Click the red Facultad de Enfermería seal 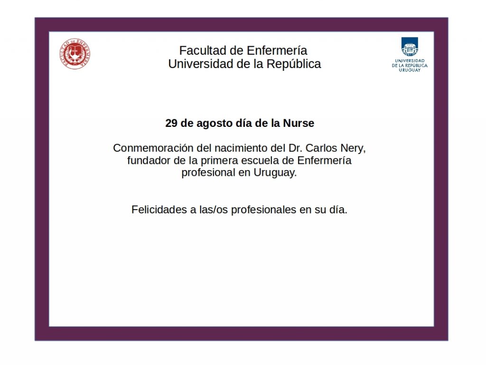click(75, 54)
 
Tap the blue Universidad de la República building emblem click(410, 47)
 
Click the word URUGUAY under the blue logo click(410, 70)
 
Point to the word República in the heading click(293, 64)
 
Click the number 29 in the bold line click(171, 123)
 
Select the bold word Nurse click(299, 123)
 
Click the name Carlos click(321, 148)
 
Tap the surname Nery click(353, 149)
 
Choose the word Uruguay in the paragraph click(275, 173)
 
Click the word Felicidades click(159, 210)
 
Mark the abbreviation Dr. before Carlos click(295, 148)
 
